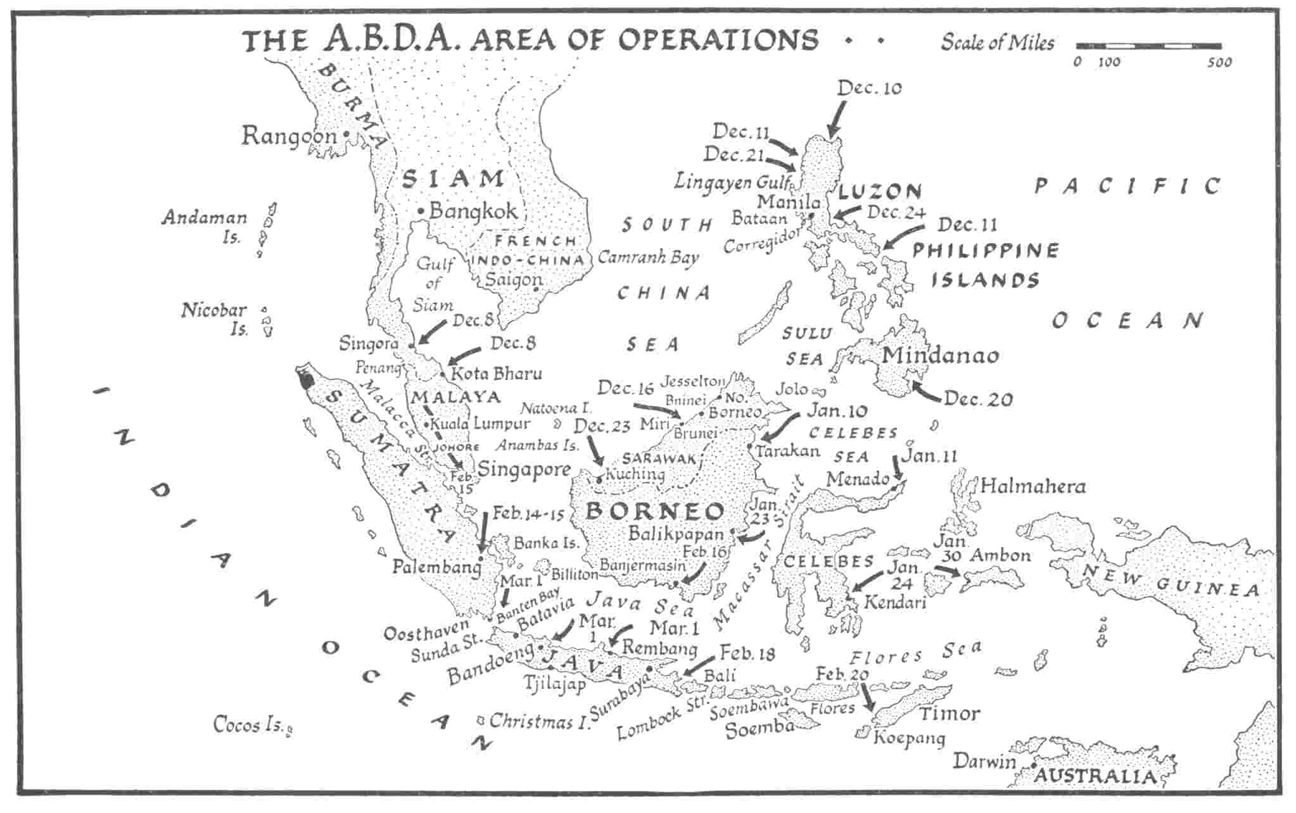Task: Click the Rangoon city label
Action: tap(288, 135)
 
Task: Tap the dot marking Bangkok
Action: tap(420, 211)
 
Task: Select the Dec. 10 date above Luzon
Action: tap(869, 88)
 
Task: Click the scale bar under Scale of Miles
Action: tap(1148, 46)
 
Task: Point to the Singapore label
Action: tap(524, 470)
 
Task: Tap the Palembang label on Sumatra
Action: tap(436, 567)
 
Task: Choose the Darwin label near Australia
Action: tap(984, 761)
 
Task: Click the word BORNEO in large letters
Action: tap(654, 510)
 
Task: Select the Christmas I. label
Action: tap(539, 721)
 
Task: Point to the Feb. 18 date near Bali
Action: tap(747, 653)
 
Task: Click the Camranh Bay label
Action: tap(647, 258)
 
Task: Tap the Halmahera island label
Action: tap(1032, 486)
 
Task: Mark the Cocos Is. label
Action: tap(247, 724)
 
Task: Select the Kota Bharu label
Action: tap(496, 374)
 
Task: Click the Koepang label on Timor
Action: tap(909, 738)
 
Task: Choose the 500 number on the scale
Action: tap(1219, 62)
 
